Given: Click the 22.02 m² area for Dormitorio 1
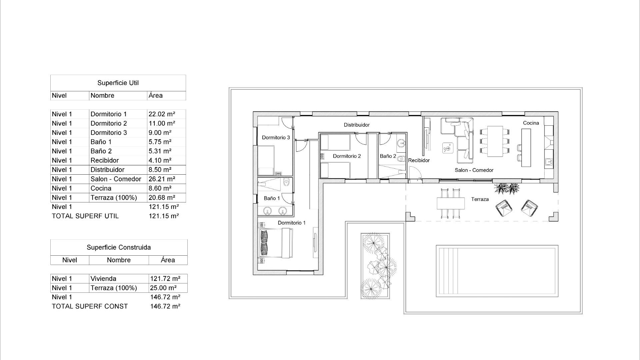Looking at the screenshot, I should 162,114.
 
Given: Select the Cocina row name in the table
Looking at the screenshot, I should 101,188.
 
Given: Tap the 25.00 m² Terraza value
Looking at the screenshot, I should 163,288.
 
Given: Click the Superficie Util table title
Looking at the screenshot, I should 118,83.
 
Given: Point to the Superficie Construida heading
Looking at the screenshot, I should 119,247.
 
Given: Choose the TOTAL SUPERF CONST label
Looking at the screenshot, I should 90,306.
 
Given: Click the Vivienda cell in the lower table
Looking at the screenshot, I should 103,279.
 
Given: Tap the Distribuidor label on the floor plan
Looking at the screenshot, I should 357,125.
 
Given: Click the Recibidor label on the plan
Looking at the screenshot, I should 419,160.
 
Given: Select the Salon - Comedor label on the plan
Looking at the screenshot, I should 474,170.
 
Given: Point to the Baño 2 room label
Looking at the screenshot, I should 388,156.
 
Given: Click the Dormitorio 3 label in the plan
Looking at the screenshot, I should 276,137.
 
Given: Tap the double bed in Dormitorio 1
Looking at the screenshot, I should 276,243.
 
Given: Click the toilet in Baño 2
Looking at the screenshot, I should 401,159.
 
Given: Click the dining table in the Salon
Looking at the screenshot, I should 495,141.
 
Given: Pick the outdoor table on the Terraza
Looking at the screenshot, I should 451,203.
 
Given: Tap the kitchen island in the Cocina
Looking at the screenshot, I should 526,147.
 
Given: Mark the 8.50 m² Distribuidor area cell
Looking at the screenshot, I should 160,170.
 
